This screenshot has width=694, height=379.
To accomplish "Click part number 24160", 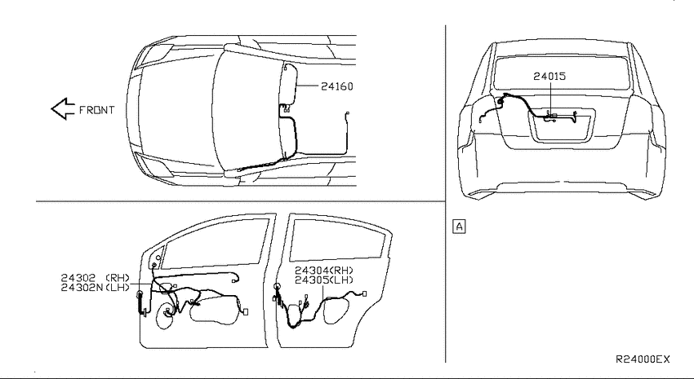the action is (x=337, y=86).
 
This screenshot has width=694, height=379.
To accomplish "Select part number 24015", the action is (x=549, y=76).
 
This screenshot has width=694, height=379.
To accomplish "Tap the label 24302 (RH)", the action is (x=96, y=278).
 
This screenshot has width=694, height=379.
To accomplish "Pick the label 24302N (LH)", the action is (x=96, y=288).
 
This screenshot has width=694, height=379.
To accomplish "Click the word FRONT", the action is (x=96, y=110).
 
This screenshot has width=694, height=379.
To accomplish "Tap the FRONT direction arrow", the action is (x=63, y=108).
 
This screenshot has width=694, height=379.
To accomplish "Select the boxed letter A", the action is (x=460, y=227).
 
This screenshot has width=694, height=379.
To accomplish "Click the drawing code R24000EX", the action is (x=643, y=359).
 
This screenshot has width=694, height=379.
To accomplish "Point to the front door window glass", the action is (x=215, y=244).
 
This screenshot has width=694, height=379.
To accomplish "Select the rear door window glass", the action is (x=337, y=240).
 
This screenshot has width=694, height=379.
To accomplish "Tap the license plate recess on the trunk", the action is (x=562, y=127).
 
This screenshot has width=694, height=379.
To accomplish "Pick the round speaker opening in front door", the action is (x=166, y=316).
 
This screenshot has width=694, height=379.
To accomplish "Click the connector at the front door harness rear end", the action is (x=246, y=312).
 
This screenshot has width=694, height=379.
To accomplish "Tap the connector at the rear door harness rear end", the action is (x=364, y=293).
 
